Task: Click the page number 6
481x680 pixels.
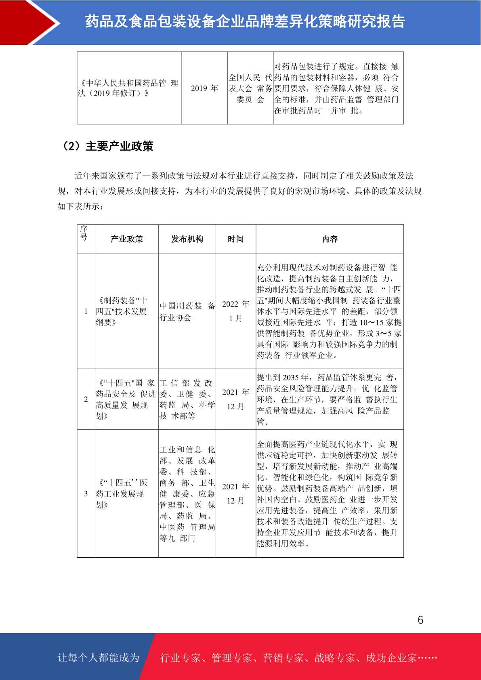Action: pos(420,620)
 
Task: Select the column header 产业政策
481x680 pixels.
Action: pos(127,239)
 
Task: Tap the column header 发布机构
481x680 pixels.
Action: pos(187,239)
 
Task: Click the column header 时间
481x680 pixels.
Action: pos(236,239)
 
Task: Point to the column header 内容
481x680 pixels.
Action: pos(330,239)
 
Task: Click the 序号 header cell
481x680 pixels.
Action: pos(84,233)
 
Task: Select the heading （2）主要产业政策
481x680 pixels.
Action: pos(107,146)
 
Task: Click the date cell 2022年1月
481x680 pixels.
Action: pos(236,311)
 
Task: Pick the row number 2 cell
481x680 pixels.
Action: pos(86,399)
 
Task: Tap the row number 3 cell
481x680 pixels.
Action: pos(86,493)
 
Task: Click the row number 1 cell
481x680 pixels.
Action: pos(86,311)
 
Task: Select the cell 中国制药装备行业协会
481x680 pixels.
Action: pos(187,311)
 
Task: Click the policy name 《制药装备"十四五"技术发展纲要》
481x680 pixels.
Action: pos(122,311)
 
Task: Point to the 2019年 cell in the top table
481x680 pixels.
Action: pos(204,88)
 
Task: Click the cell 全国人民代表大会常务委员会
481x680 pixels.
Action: pos(250,88)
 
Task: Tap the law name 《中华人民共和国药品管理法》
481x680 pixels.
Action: pos(128,88)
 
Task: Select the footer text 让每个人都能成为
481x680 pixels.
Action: pos(99,658)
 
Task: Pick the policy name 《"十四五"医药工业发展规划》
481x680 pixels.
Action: pos(122,494)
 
